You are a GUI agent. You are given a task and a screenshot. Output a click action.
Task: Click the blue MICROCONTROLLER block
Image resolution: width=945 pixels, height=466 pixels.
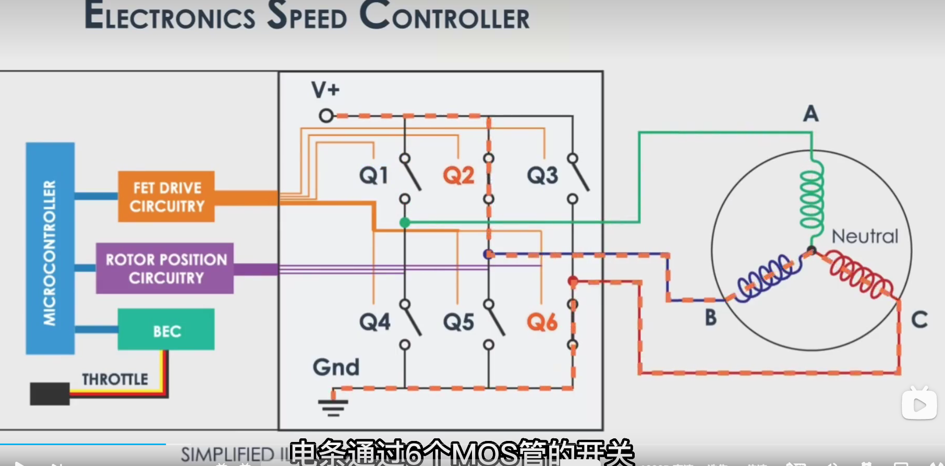click(x=50, y=248)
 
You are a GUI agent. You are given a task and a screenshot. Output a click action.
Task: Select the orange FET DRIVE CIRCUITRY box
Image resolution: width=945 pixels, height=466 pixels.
click(x=166, y=197)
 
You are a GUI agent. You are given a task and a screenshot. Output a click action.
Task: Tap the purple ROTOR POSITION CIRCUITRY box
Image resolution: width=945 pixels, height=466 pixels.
click(x=165, y=268)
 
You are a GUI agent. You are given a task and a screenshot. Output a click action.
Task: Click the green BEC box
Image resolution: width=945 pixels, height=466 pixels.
click(x=166, y=330)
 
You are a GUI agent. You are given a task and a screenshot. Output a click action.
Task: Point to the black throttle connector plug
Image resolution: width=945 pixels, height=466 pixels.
click(x=50, y=393)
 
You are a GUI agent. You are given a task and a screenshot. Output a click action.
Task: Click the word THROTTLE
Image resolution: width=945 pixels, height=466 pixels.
click(x=115, y=379)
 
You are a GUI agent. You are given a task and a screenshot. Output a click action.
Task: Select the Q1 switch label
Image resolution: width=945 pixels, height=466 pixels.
click(x=373, y=175)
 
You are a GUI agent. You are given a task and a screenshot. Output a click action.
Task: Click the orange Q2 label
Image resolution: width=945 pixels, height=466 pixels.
click(x=458, y=175)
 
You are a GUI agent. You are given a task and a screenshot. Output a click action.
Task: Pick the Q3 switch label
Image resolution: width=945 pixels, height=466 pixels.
click(x=542, y=175)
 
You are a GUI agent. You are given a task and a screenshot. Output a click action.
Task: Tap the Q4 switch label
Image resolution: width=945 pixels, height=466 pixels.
click(x=374, y=322)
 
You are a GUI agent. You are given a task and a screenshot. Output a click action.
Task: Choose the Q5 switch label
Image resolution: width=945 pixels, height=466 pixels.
click(x=458, y=322)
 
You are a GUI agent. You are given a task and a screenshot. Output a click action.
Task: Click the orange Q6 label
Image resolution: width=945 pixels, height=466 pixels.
click(x=542, y=322)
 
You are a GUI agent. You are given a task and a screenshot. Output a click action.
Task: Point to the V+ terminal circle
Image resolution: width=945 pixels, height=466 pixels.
click(x=326, y=115)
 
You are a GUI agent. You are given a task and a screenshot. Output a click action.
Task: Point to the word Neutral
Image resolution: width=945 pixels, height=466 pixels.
click(x=865, y=236)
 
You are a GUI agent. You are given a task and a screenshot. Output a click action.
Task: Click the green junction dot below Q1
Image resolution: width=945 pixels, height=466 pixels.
click(x=405, y=223)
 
